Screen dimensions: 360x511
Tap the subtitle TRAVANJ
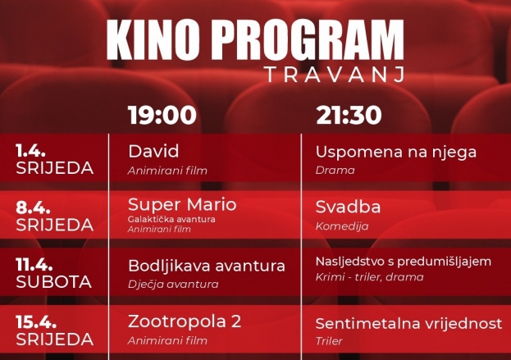click(x=335, y=75)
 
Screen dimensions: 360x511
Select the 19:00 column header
click(x=162, y=115)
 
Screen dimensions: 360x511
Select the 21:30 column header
click(x=348, y=115)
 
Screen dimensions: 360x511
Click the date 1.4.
click(x=31, y=151)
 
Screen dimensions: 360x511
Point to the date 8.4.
click(x=32, y=207)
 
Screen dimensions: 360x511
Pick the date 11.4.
click(x=35, y=265)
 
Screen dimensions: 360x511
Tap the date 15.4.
click(x=35, y=321)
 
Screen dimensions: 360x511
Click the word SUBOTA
click(x=53, y=281)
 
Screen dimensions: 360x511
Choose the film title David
click(x=153, y=151)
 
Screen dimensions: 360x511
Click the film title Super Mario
click(x=182, y=204)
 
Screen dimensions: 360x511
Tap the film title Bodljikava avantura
click(x=207, y=266)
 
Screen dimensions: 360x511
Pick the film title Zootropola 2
click(x=185, y=321)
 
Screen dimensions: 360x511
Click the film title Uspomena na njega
click(x=395, y=151)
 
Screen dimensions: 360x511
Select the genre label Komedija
click(x=342, y=226)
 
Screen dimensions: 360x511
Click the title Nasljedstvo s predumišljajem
click(x=403, y=262)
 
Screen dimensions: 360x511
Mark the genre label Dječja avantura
click(x=173, y=284)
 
